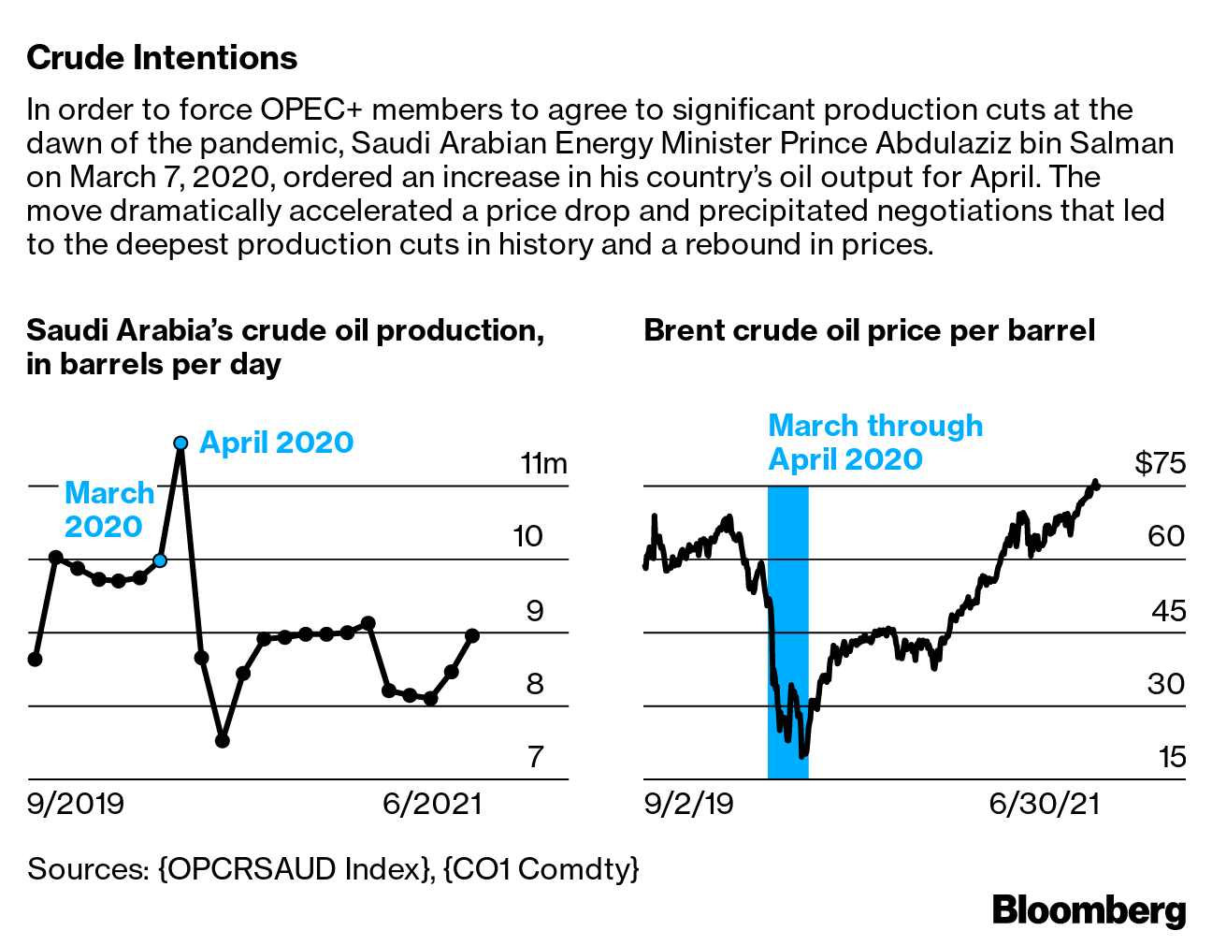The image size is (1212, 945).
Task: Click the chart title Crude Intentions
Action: point(162,58)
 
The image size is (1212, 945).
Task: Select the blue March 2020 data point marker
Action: point(160,560)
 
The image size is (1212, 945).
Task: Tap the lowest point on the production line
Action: point(223,741)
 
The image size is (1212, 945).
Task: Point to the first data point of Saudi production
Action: point(35,660)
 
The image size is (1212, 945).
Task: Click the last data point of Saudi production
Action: point(472,635)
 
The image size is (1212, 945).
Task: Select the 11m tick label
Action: point(543,464)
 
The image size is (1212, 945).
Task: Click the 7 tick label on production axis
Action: point(535,757)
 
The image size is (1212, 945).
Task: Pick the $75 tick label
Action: point(1160,464)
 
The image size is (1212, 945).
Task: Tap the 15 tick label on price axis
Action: point(1172,757)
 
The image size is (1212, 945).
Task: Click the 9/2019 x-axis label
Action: point(76,804)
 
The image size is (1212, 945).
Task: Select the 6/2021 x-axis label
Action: point(432,804)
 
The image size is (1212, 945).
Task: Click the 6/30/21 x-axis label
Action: point(1045,804)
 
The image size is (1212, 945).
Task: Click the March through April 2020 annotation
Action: point(874,443)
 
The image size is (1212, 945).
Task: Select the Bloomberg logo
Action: point(1089,909)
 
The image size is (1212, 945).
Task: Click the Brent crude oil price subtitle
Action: point(869,331)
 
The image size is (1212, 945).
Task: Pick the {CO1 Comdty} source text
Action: point(541,869)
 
